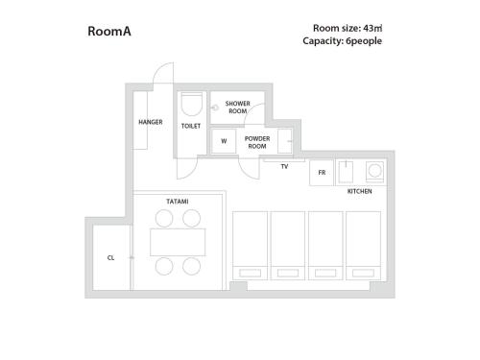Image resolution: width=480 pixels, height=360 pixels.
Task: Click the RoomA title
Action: tap(109, 31)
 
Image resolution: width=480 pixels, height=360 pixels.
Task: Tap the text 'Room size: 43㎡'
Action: tap(348, 28)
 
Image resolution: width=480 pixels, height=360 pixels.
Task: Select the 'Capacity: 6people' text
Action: tap(342, 41)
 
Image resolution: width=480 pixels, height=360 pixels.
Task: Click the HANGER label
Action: tap(150, 122)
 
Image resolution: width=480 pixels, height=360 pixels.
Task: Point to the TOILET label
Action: tap(191, 126)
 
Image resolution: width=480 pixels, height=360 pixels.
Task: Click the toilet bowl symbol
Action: tap(190, 103)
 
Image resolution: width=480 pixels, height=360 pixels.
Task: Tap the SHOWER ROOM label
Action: tap(237, 107)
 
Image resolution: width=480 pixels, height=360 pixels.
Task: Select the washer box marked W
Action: tap(224, 140)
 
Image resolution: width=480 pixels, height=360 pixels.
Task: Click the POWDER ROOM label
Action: tap(256, 142)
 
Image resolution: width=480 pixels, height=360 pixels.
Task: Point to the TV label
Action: tap(284, 167)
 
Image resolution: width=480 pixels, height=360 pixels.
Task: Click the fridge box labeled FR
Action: tap(321, 174)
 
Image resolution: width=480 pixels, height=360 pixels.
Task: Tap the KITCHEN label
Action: tap(359, 191)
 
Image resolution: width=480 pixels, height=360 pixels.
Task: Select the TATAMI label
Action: tap(177, 202)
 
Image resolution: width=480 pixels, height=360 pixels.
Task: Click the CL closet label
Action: tap(111, 257)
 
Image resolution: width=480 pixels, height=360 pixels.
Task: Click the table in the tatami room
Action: tap(178, 242)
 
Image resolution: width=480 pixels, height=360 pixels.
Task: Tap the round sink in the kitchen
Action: tap(374, 173)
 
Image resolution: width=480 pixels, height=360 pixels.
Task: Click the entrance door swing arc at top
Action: tap(165, 74)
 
